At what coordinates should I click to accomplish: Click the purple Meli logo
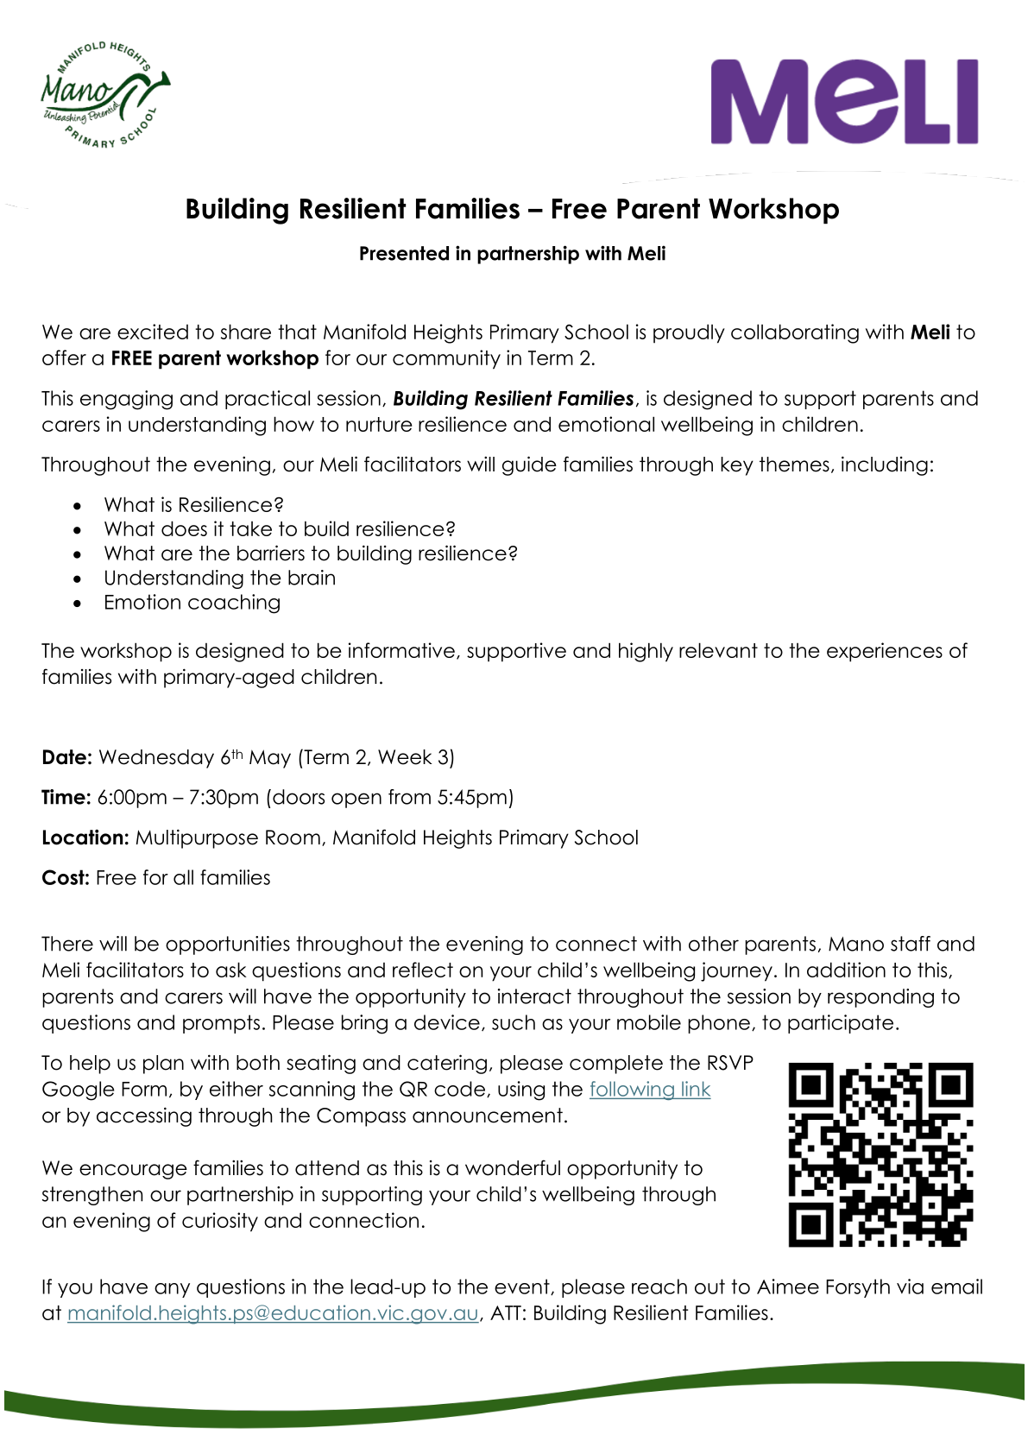point(844,101)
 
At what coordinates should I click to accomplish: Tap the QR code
point(880,1154)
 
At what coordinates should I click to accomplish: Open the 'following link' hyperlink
point(649,1090)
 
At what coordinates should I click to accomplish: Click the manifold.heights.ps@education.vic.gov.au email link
point(272,1313)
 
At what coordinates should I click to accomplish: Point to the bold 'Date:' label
point(66,758)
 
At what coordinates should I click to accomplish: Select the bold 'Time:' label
point(66,798)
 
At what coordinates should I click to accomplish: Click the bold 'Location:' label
point(85,838)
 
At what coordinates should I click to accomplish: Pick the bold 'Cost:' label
point(66,878)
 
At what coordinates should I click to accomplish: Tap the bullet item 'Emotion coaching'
point(192,603)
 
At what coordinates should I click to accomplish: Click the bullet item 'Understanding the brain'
point(219,578)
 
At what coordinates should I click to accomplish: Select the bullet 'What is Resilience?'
point(193,505)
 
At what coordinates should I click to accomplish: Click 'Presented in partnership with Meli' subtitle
point(512,254)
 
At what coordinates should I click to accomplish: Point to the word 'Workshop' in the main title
point(773,210)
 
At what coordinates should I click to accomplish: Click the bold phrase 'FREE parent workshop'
point(214,358)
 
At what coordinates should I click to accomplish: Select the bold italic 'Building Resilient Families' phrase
point(514,399)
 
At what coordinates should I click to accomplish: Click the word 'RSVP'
point(729,1063)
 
